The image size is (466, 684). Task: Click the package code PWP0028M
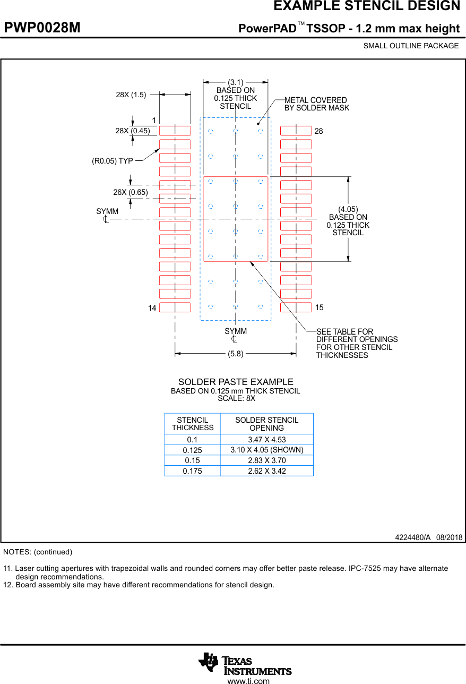[42, 28]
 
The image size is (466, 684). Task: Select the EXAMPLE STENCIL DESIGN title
[366, 6]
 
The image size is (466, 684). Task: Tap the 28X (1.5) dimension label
[131, 95]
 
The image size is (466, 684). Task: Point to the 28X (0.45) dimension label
[133, 131]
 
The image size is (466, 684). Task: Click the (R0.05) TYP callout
[113, 161]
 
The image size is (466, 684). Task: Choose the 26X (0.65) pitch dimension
[130, 192]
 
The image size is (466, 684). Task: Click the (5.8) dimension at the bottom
[235, 354]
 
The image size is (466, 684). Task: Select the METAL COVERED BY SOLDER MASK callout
[316, 104]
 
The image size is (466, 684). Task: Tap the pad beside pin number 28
[296, 131]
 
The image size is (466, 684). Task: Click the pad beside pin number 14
[175, 307]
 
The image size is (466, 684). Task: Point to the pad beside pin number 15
[296, 307]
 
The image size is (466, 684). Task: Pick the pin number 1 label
[154, 121]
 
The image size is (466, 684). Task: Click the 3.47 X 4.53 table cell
[266, 440]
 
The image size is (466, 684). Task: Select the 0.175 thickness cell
[192, 471]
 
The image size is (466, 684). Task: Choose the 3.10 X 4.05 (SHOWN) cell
[266, 450]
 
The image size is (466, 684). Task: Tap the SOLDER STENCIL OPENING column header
[266, 424]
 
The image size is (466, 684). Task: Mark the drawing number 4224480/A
[412, 537]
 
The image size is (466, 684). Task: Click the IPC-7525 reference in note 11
[364, 568]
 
